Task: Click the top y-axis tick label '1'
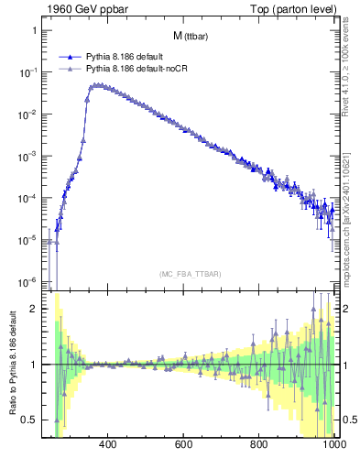[34, 30]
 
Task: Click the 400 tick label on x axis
[106, 444]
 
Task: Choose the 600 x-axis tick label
[182, 444]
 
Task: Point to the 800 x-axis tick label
[258, 444]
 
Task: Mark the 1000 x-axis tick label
[333, 444]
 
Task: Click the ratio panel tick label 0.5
[30, 420]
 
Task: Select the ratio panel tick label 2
[34, 309]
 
